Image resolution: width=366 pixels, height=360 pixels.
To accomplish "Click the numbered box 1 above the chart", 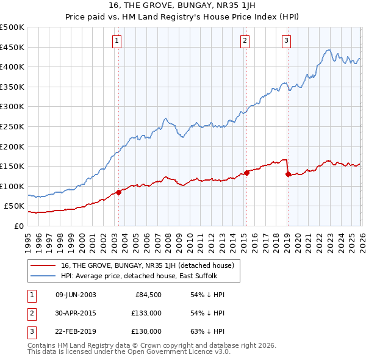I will coord(116,41).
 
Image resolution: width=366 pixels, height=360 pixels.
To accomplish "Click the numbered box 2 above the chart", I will coord(245,41).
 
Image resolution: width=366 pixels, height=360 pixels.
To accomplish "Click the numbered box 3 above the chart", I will coord(286,41).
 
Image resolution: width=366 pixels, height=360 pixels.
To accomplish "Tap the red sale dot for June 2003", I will coord(118,192).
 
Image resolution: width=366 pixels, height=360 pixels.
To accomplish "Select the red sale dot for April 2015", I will coord(246,173).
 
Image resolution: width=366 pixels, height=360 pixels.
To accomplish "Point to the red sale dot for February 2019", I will coord(287,174).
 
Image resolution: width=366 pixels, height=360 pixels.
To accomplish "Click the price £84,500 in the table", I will coord(148,295).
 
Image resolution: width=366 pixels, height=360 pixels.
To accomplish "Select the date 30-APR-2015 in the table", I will coord(76,313).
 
